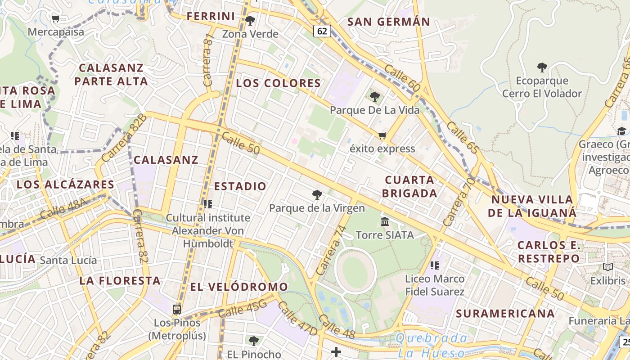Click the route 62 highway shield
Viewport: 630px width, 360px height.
click(x=322, y=31)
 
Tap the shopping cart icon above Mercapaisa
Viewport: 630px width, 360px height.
click(x=56, y=19)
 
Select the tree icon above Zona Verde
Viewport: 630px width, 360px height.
click(x=250, y=20)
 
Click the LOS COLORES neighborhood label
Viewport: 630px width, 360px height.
click(x=279, y=83)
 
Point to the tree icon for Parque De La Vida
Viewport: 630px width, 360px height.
click(x=374, y=96)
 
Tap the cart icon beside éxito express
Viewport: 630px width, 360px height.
click(x=382, y=135)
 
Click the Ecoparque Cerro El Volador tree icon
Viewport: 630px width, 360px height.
click(x=542, y=67)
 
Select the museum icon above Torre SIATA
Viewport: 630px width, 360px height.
click(x=385, y=221)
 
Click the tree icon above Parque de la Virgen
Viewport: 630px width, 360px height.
click(x=317, y=194)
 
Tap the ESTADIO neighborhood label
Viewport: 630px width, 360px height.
click(x=240, y=186)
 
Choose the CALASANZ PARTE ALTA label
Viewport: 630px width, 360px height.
click(x=111, y=75)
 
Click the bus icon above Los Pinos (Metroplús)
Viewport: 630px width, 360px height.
click(x=177, y=309)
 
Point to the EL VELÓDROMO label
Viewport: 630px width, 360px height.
click(x=239, y=287)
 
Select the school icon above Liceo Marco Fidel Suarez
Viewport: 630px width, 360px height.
click(x=434, y=265)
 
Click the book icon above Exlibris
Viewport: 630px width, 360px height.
click(x=608, y=267)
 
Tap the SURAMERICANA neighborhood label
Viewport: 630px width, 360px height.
click(x=505, y=313)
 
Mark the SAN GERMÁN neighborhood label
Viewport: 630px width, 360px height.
click(x=389, y=22)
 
